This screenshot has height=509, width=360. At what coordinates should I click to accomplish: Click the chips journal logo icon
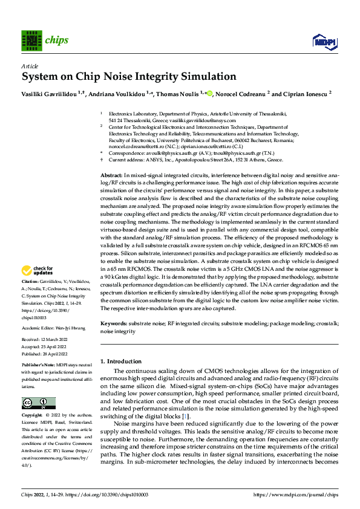click(x=30, y=41)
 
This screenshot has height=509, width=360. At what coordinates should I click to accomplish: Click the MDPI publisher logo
click(x=324, y=41)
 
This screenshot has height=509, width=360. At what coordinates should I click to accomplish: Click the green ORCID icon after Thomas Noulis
click(x=211, y=94)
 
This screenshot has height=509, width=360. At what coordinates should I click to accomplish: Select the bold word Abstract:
click(x=112, y=174)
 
